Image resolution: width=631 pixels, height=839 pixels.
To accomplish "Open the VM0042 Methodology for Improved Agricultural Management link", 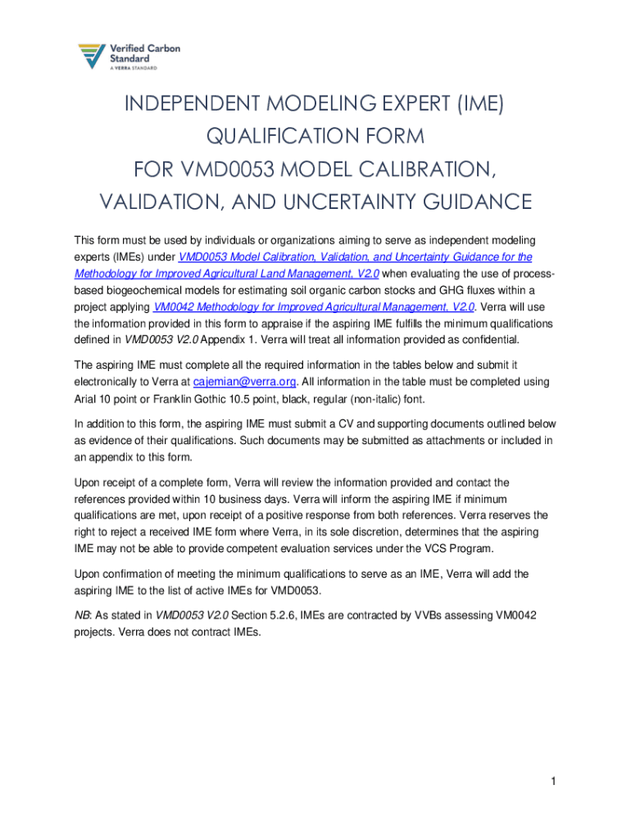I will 313,307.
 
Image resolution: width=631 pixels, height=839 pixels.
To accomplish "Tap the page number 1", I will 554,782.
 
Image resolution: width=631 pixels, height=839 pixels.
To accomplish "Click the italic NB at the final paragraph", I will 82,615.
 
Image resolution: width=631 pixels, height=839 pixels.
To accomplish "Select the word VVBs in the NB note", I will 422,615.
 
